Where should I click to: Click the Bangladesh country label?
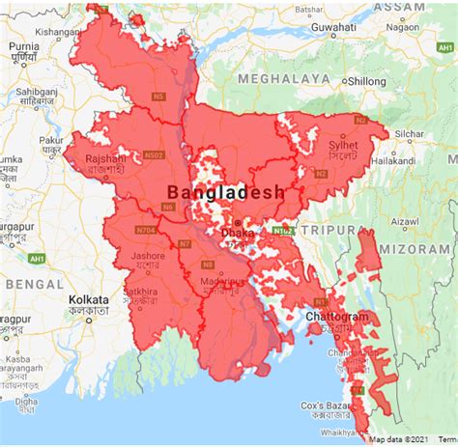226,192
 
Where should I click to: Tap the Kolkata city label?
89,300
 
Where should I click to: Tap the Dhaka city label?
239,233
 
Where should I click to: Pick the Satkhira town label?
140,289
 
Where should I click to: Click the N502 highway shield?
154,154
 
